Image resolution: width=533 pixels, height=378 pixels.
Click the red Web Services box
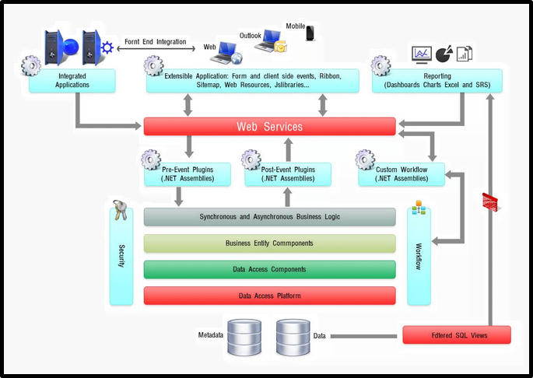pos(269,126)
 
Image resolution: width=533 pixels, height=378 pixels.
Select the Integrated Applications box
pos(72,81)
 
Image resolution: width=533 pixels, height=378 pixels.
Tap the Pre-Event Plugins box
pos(188,174)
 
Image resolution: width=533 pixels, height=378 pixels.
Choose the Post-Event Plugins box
pos(288,174)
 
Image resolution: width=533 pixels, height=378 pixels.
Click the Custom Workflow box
pos(402,174)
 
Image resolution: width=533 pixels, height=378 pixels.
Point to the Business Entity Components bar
pos(269,243)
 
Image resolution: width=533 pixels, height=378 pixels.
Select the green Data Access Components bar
pos(269,269)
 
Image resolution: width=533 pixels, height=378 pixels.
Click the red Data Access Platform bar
pos(269,296)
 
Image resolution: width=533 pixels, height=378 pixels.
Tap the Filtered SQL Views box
pos(456,335)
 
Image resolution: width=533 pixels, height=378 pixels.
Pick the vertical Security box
pos(121,257)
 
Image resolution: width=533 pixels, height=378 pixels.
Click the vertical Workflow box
pos(419,257)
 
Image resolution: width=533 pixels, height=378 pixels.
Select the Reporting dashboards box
pos(437,81)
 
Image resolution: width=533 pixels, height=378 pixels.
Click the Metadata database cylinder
pos(244,338)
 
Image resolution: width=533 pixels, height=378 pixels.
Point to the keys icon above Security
pos(121,210)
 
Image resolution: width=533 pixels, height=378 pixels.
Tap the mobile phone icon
pos(310,33)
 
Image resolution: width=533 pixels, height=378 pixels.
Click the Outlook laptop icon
pos(272,40)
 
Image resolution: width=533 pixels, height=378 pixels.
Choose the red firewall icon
pos(490,203)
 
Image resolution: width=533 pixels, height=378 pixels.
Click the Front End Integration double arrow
pos(156,49)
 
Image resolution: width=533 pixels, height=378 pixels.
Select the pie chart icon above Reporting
pos(444,53)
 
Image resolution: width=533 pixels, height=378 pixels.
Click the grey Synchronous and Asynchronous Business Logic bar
pos(269,216)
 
